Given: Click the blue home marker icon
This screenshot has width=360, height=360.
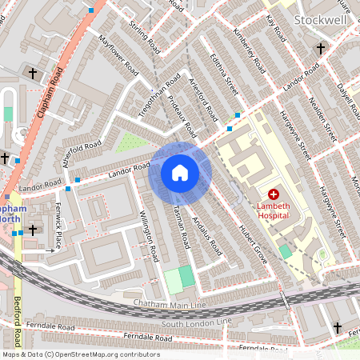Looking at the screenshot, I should tap(180, 173).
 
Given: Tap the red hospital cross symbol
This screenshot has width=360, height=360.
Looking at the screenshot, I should tap(273, 194).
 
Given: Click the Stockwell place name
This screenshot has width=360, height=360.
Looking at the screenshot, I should tap(321, 19).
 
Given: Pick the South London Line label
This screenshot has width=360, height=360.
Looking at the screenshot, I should tap(196, 322).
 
